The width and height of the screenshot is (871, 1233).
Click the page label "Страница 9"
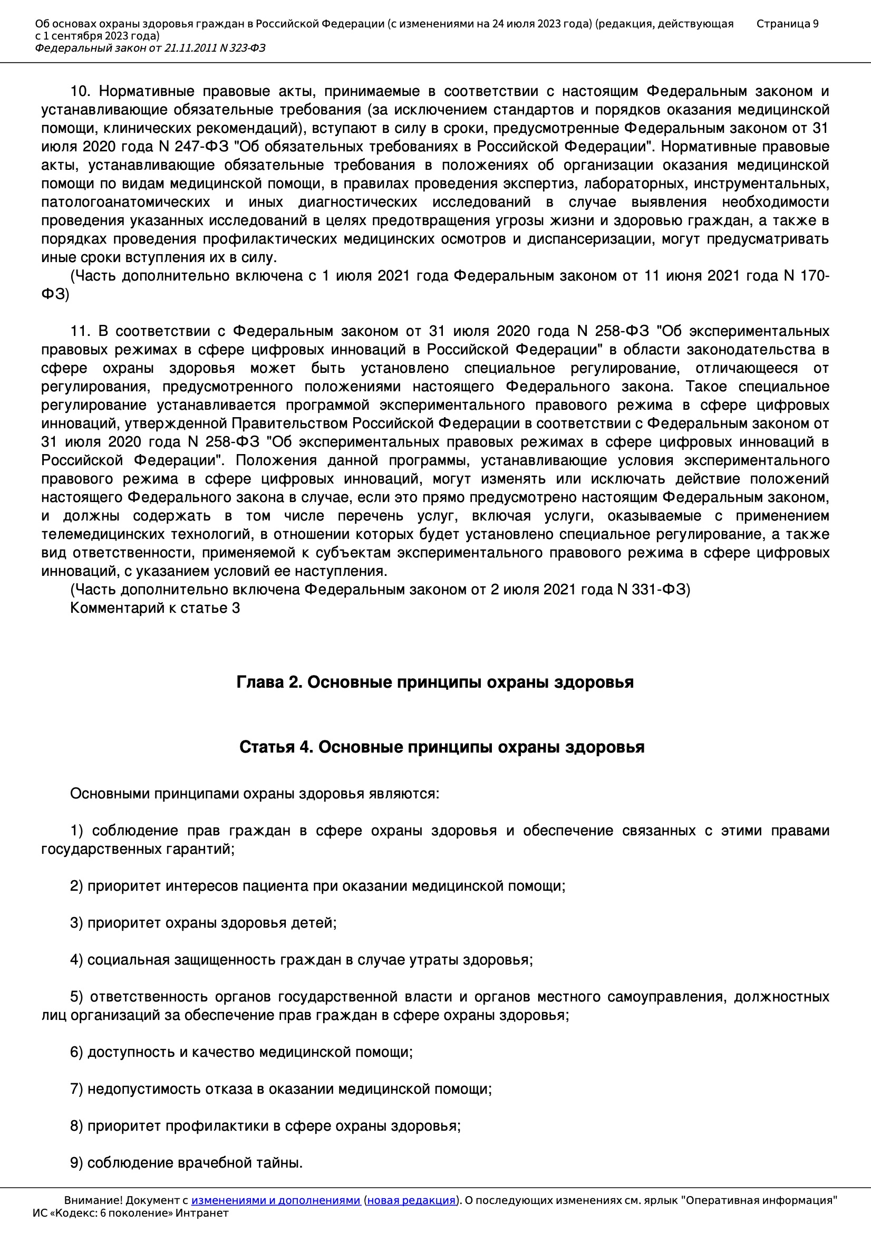787,24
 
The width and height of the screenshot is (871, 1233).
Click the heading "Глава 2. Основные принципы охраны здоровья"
435,682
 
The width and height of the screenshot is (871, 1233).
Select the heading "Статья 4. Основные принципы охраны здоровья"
441,747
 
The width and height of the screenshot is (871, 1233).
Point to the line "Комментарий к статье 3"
154,608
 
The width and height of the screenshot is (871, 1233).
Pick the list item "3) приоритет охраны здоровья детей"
203,922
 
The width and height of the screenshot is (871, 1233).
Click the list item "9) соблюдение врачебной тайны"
186,1163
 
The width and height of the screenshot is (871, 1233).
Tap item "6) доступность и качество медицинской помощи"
241,1052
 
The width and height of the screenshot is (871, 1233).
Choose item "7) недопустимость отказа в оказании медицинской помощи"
281,1089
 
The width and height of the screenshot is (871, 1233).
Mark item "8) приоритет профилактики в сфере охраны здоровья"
265,1125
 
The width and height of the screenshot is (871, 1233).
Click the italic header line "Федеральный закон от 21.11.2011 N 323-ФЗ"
150,49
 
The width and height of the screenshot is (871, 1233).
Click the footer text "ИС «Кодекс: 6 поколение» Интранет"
130,1213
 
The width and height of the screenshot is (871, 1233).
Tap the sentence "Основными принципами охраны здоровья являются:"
255,794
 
